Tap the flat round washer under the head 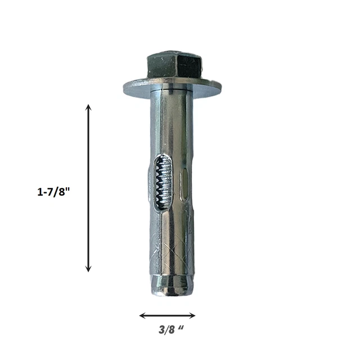pyautogui.click(x=172, y=88)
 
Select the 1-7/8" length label pyautogui.click(x=54, y=191)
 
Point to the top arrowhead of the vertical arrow pyautogui.click(x=88, y=107)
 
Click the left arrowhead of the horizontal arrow pyautogui.click(x=142, y=316)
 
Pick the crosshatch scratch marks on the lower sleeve pyautogui.click(x=172, y=247)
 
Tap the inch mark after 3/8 pyautogui.click(x=181, y=328)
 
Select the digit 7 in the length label pyautogui.click(x=52, y=191)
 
